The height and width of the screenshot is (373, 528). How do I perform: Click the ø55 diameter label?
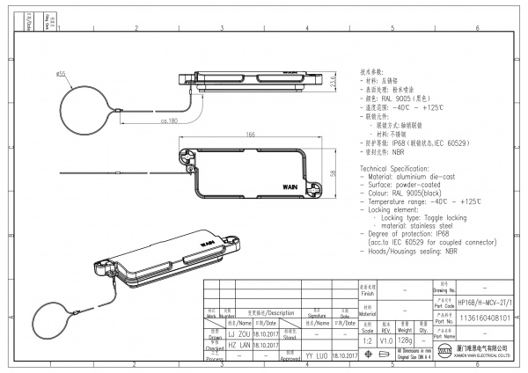(61, 75)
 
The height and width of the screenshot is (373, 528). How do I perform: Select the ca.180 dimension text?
(171, 121)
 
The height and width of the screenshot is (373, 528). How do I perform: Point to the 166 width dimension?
(250, 135)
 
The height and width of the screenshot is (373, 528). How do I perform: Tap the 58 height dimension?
(333, 172)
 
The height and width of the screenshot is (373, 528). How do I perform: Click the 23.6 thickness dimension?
(333, 82)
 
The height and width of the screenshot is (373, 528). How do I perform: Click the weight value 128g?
(407, 340)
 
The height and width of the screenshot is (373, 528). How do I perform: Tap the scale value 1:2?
(366, 340)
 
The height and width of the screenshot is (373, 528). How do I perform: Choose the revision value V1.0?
(385, 340)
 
